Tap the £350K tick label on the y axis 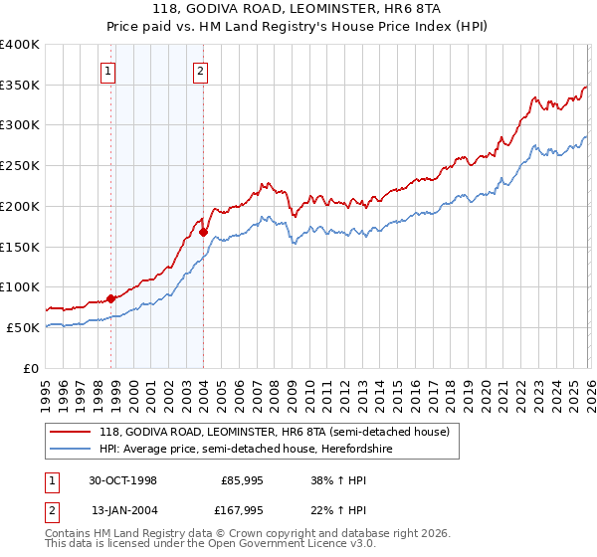(20, 86)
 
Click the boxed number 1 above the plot (107, 70)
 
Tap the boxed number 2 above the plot (200, 70)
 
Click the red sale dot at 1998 (111, 297)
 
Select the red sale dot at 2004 (203, 232)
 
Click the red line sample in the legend (71, 432)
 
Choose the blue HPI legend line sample (71, 449)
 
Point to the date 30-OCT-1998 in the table (122, 480)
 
